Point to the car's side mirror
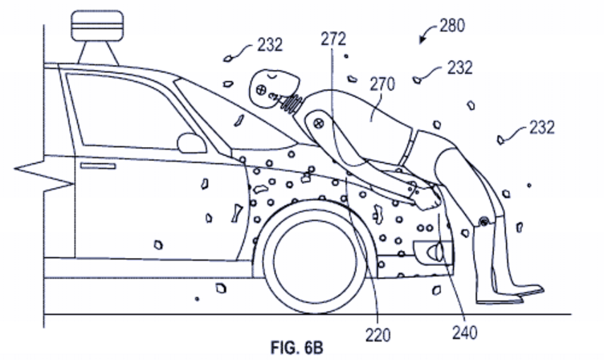pyautogui.click(x=192, y=143)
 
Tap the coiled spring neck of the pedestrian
pyautogui.click(x=295, y=103)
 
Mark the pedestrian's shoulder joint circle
pyautogui.click(x=318, y=124)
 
